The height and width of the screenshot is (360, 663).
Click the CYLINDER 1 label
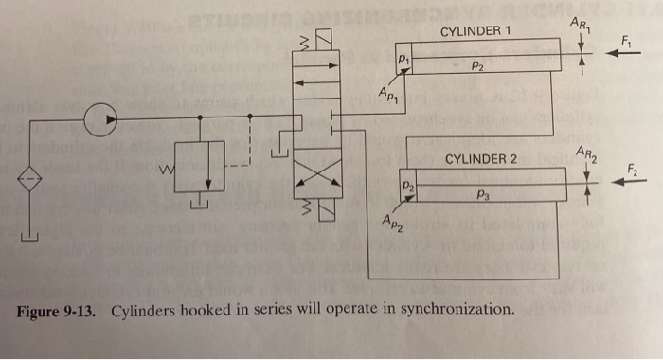click(x=475, y=32)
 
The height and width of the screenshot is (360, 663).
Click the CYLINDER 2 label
click(x=480, y=158)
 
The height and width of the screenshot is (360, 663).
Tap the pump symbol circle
click(x=96, y=118)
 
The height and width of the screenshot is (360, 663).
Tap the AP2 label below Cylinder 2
click(x=393, y=224)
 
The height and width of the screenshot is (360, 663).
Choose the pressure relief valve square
click(x=200, y=168)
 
